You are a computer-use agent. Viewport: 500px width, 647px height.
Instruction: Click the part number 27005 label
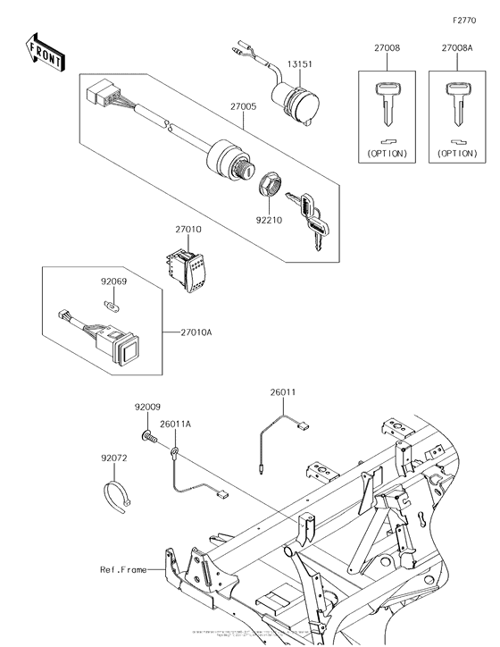(244, 106)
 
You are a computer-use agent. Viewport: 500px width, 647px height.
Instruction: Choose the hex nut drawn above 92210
(269, 187)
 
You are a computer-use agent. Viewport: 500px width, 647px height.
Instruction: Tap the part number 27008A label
(457, 51)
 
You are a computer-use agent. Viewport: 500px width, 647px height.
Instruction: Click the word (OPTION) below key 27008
(386, 153)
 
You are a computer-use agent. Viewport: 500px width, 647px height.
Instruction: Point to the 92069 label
(112, 281)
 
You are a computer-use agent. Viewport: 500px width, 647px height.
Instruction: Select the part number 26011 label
(283, 391)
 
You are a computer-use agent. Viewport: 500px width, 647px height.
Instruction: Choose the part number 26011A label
(175, 424)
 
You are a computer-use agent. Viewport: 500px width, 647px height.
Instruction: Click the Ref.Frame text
(123, 568)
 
